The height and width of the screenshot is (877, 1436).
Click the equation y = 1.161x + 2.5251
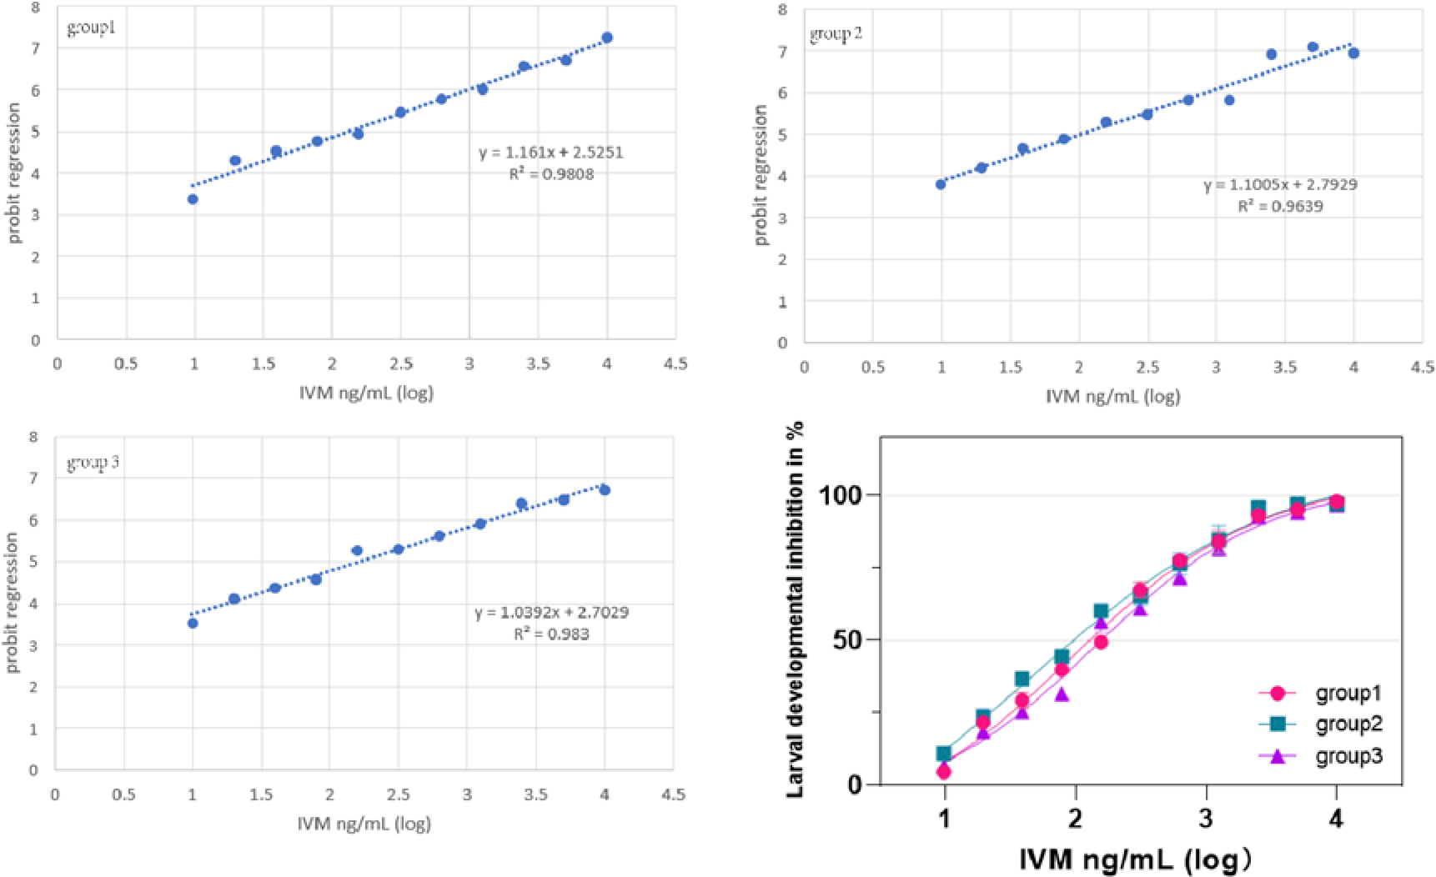coord(551,153)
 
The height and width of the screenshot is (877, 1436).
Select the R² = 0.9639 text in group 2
coord(1280,206)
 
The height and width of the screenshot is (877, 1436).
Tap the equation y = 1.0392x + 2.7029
coord(552,613)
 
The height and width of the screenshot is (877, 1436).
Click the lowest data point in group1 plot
coord(193,199)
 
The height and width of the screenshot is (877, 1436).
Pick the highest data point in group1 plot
coord(607,38)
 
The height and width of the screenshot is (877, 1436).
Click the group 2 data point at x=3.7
coord(1313,48)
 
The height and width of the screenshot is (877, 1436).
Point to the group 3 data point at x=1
coord(193,624)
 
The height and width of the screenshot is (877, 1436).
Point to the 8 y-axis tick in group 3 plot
coord(33,437)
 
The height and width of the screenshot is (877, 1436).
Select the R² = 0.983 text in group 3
coord(551,634)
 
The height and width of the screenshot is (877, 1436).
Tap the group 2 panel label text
coord(836,35)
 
